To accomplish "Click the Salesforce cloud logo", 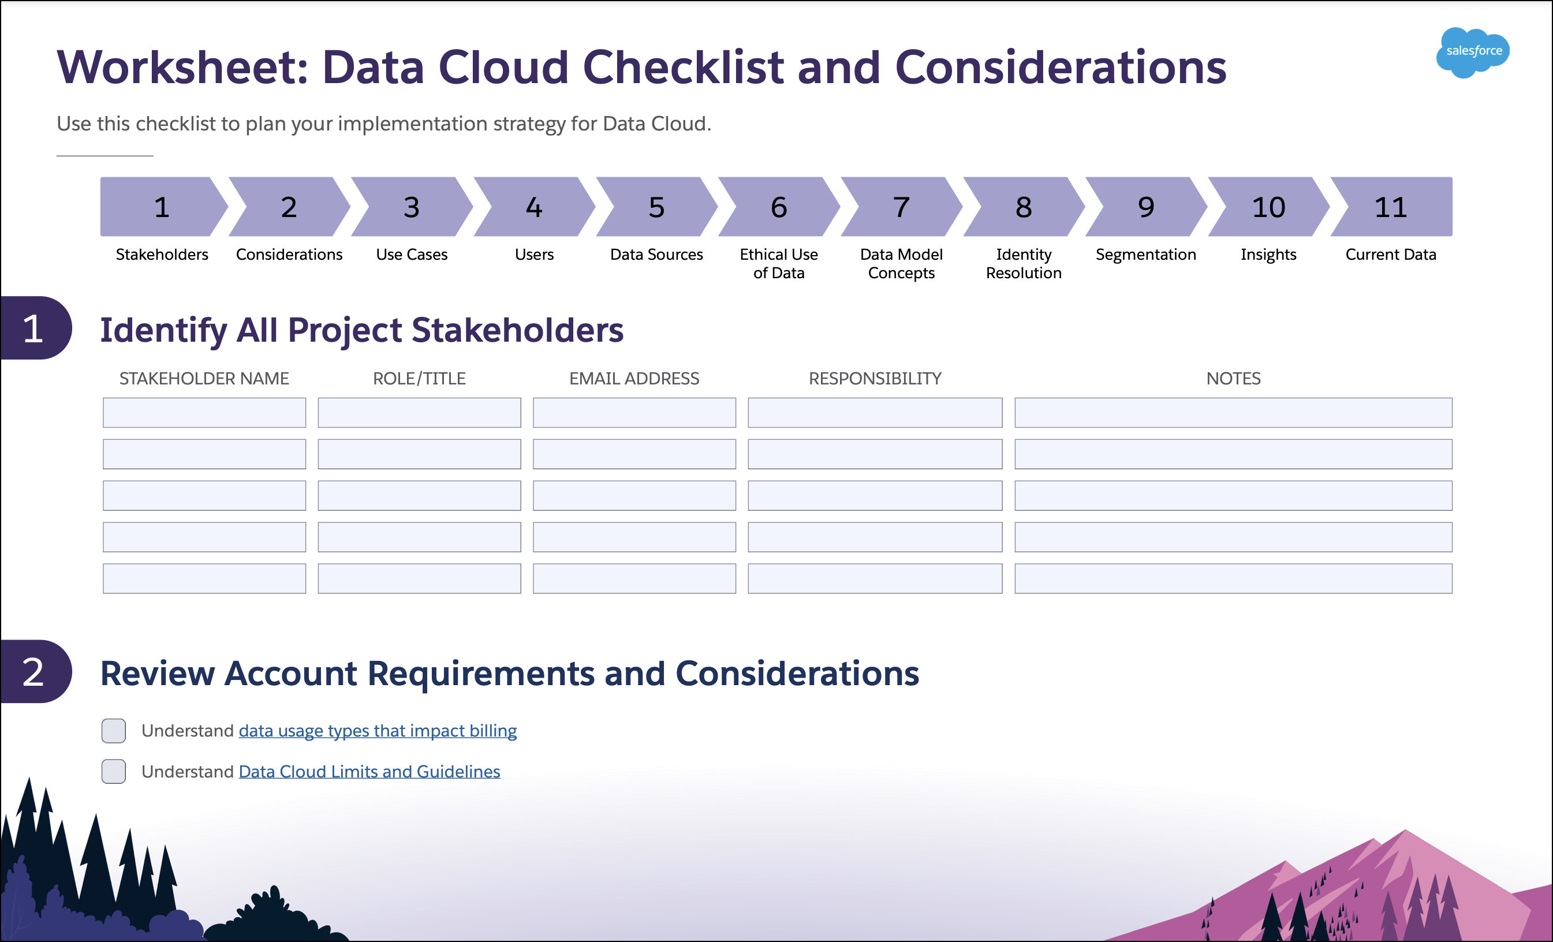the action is coord(1472,53).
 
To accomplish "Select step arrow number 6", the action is coord(779,207).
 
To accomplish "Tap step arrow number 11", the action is coord(1391,207).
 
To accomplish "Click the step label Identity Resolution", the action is coord(1024,263).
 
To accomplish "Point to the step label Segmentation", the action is coord(1146,255).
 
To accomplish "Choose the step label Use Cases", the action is coord(412,255).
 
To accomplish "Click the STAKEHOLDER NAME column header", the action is coord(204,378).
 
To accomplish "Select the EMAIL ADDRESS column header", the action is coord(634,378).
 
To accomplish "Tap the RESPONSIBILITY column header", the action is coord(875,378).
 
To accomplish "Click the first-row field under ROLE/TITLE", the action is coord(419,413).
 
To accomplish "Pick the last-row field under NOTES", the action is coord(1233,578).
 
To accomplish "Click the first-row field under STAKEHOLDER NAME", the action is coord(204,413).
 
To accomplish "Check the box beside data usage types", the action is coord(114,731).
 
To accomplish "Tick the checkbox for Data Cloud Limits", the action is coord(114,771).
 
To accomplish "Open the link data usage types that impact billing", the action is coord(378,731).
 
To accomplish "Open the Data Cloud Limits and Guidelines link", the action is coord(369,772).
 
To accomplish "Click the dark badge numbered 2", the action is coord(35,672).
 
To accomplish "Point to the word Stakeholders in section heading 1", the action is coord(517,330).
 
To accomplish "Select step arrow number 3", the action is coord(412,207).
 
